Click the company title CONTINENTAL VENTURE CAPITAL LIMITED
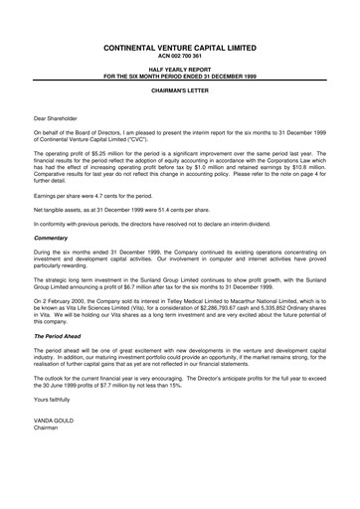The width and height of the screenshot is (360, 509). pyautogui.click(x=179, y=47)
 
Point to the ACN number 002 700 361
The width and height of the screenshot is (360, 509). pyautogui.click(x=179, y=56)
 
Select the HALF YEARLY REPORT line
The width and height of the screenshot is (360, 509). pyautogui.click(x=179, y=71)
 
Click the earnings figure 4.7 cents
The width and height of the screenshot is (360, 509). pyautogui.click(x=104, y=196)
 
